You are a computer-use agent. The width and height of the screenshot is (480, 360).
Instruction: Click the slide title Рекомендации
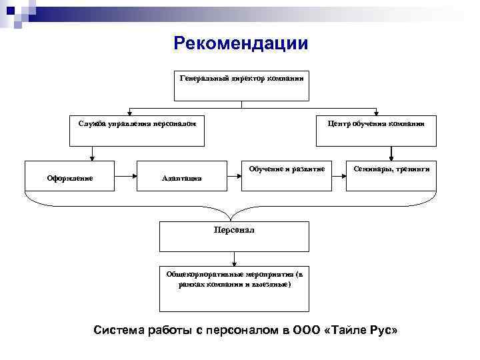[x=241, y=43]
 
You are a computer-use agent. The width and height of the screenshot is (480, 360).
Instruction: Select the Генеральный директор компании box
[x=242, y=85]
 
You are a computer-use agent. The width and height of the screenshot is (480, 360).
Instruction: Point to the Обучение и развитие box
[x=287, y=176]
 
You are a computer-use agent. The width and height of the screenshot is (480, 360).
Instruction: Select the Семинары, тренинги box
[x=391, y=176]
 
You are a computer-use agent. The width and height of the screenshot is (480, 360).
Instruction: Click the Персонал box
[x=234, y=236]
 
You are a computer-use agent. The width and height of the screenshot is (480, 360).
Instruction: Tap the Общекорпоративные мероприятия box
[x=234, y=287]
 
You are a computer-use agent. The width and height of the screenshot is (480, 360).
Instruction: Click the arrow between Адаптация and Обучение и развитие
[x=233, y=176]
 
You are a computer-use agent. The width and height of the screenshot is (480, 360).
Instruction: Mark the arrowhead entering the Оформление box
[x=92, y=158]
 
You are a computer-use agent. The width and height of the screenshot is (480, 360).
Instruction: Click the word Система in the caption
[x=116, y=331]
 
